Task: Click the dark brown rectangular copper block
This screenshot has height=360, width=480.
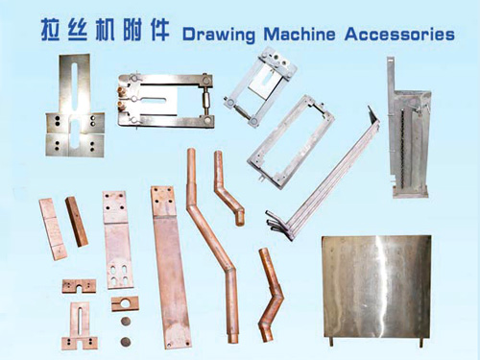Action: [76, 220]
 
